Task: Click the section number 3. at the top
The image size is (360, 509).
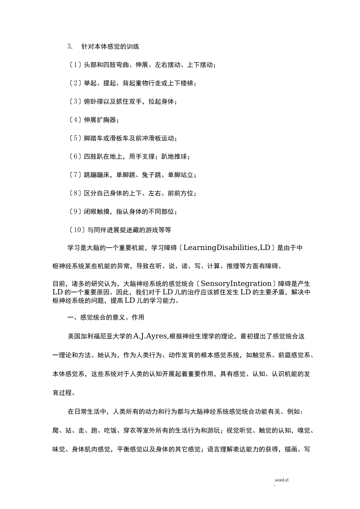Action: [x=70, y=47]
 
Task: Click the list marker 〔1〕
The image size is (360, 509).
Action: [x=75, y=65]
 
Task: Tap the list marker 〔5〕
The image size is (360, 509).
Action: [x=75, y=138]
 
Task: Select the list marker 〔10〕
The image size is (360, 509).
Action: [x=77, y=230]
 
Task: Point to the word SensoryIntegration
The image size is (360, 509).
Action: [x=236, y=284]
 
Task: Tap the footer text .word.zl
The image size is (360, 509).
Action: [x=281, y=480]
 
